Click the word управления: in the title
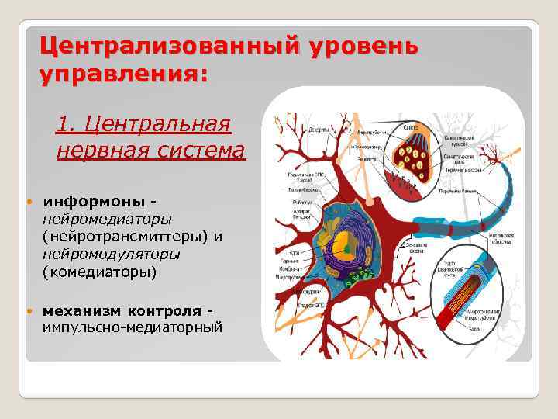[124, 75]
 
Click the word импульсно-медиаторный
[132, 327]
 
